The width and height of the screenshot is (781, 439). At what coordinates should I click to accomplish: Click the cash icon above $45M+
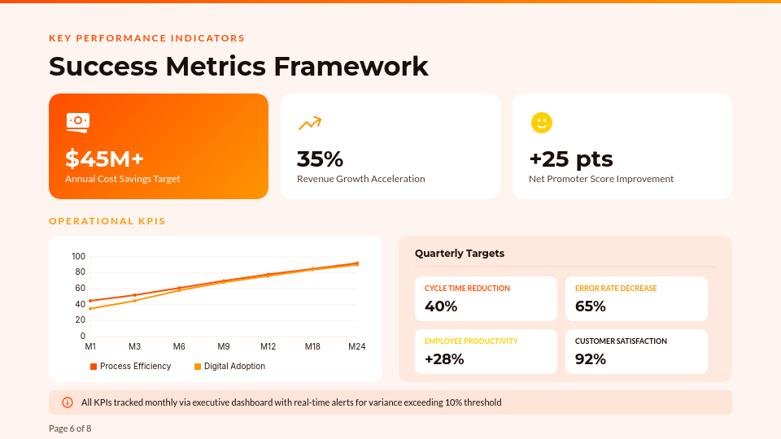[x=78, y=123]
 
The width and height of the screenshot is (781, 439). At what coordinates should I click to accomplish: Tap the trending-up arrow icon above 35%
[x=310, y=123]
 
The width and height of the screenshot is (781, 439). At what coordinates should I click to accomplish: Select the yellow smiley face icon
[x=542, y=123]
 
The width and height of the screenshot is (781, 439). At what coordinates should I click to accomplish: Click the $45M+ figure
[x=105, y=159]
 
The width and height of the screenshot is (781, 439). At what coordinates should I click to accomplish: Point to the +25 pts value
[x=571, y=159]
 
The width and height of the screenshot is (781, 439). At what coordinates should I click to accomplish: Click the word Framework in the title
[x=351, y=66]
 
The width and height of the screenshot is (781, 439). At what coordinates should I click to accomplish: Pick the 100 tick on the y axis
[x=78, y=256]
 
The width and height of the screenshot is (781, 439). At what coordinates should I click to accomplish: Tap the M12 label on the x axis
[x=268, y=346]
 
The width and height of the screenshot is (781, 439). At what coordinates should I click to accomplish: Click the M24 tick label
[x=356, y=346]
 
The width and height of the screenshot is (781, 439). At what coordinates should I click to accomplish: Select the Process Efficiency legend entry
[x=130, y=367]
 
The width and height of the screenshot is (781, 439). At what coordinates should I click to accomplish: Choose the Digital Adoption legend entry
[x=229, y=367]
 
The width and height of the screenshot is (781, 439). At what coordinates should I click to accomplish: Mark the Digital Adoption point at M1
[x=90, y=309]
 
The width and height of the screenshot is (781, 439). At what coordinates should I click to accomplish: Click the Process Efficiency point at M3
[x=134, y=295]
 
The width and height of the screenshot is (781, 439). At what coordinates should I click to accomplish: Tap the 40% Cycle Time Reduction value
[x=441, y=306]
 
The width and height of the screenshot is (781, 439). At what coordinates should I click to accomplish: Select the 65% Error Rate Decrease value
[x=591, y=306]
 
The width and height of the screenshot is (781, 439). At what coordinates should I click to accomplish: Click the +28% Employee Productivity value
[x=444, y=359]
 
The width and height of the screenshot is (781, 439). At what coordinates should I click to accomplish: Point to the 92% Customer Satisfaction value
[x=591, y=359]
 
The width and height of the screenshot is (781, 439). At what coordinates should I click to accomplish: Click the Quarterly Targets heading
[x=459, y=254]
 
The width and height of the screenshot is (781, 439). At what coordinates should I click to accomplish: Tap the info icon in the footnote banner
[x=68, y=402]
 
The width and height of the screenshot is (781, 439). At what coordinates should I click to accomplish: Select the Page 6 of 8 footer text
[x=70, y=428]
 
